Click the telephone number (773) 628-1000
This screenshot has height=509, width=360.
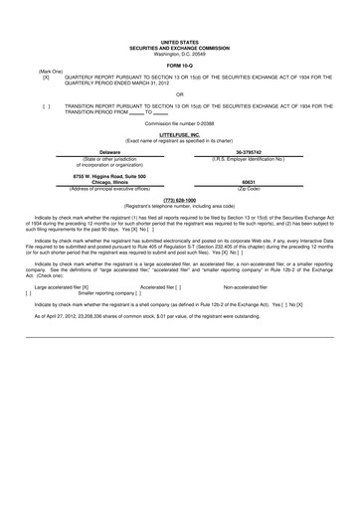click(179, 199)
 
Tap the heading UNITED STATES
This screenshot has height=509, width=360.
click(179, 31)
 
